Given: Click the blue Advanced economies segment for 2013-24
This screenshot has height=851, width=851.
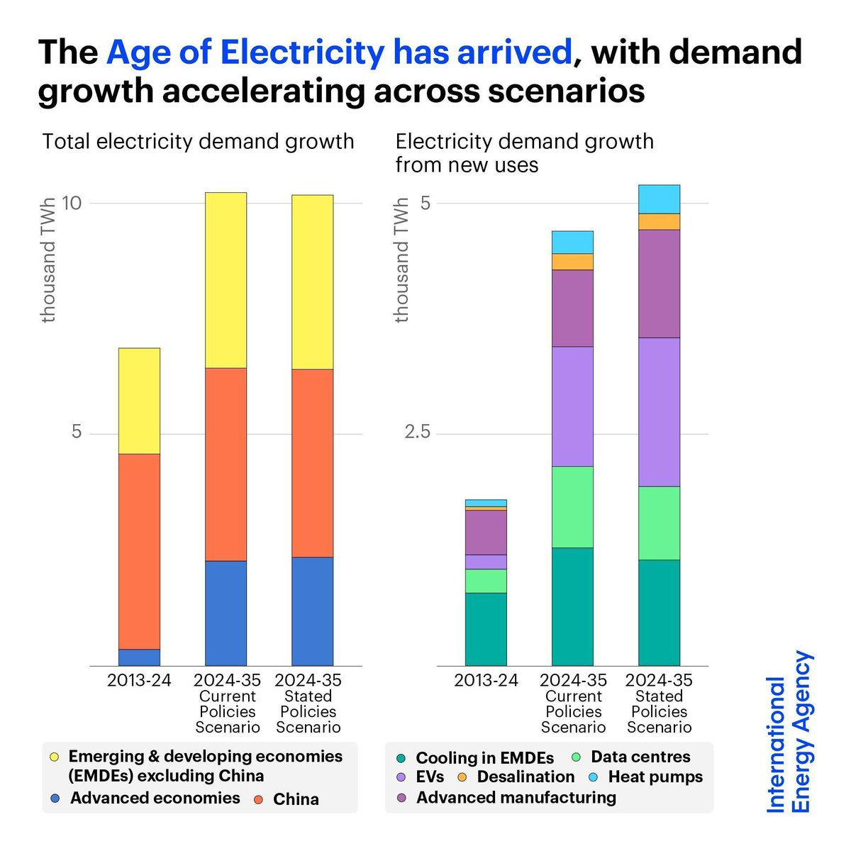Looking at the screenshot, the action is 139,657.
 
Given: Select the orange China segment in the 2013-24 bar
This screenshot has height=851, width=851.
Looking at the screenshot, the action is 139,551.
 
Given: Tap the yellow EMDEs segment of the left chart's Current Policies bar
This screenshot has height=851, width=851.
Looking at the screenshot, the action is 226,280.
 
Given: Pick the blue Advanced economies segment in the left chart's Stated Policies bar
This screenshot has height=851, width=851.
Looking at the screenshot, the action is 312,611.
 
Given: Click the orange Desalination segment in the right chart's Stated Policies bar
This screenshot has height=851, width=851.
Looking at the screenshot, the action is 659,222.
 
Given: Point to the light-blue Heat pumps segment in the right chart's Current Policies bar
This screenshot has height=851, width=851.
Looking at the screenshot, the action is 572,242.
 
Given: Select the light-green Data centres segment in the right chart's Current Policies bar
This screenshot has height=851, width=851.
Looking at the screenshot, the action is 572,507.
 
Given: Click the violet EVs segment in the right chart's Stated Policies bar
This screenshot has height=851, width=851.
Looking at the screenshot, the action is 659,412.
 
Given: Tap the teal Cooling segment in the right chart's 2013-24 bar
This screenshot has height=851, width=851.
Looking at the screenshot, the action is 486,629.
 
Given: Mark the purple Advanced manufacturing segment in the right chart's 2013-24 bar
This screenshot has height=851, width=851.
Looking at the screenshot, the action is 486,532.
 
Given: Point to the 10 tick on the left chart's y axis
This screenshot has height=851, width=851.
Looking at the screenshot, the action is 72,204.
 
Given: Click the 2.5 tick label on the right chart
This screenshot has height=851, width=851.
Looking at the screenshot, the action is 417,431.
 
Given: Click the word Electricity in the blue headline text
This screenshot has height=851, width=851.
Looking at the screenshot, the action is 303,52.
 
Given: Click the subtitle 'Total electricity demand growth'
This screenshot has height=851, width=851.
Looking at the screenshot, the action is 198,142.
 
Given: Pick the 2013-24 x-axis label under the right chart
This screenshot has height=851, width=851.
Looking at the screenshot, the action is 486,680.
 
